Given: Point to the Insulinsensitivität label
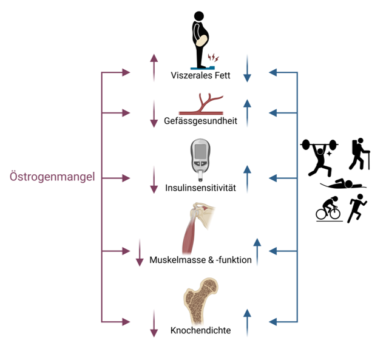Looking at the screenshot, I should (x=200, y=188).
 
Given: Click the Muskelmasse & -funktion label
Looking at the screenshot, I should (x=200, y=260).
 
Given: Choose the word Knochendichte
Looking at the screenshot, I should (x=200, y=331).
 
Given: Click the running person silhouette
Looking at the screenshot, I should (x=357, y=208).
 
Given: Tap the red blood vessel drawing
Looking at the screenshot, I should (x=200, y=104).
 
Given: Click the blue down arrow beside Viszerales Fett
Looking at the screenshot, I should (x=247, y=68).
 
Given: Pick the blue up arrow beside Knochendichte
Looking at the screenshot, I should (x=247, y=322).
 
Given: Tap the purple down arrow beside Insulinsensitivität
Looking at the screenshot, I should (x=154, y=180).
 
